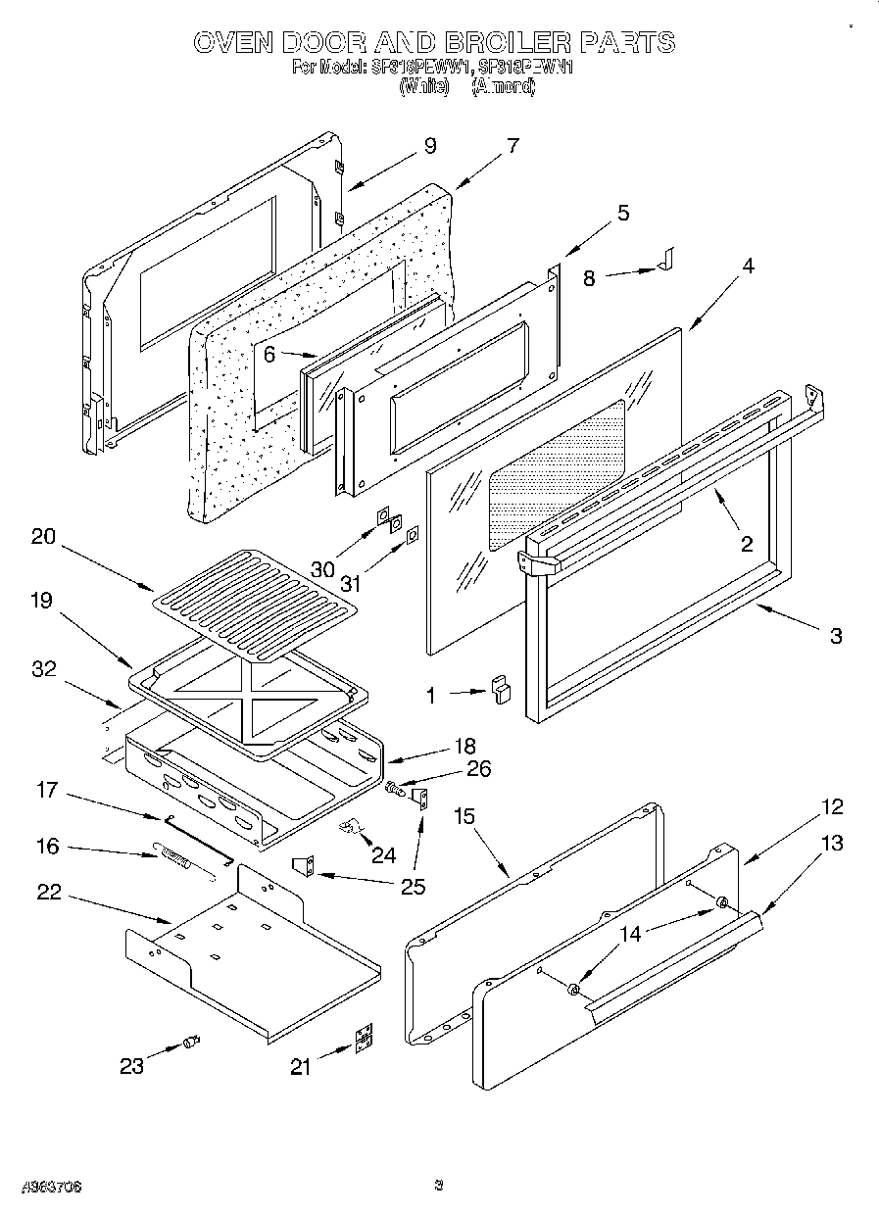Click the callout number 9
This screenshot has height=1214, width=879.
point(429,146)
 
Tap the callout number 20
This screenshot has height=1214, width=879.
point(43,537)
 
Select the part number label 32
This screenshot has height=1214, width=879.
point(43,669)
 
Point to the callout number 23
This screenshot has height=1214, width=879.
point(131,1065)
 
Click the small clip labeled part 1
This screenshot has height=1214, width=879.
point(502,691)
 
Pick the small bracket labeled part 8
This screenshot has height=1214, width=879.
point(666,261)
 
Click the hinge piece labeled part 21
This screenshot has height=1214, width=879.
point(364,1040)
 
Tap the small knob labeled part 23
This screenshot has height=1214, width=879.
point(191,1042)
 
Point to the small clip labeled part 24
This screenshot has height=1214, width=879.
point(348,829)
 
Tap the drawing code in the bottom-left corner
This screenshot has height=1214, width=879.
point(50,1187)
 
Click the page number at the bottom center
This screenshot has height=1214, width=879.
point(439,1187)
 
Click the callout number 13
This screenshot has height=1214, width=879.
point(832,843)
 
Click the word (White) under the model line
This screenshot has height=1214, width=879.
point(423,86)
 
